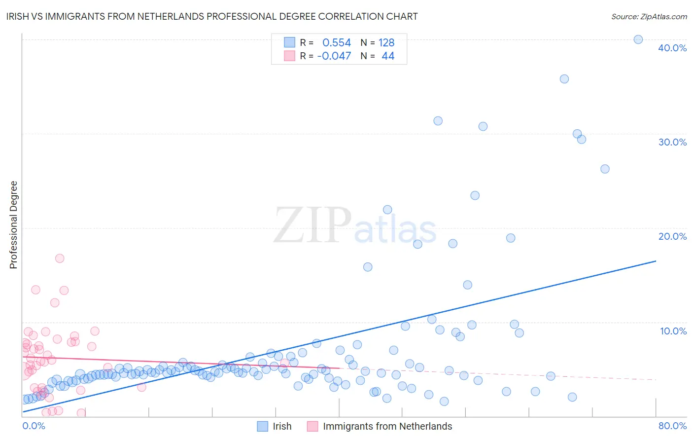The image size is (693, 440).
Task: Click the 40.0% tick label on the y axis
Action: tap(672, 48)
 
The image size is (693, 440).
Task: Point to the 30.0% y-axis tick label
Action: tap(672, 142)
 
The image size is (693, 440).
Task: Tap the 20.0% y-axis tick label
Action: tap(672, 236)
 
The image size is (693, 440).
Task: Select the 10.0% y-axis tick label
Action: tap(673, 331)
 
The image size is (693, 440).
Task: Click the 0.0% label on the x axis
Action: tap(34, 426)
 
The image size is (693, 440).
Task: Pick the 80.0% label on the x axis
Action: tap(672, 426)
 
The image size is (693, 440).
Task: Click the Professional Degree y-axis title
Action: tap(13, 225)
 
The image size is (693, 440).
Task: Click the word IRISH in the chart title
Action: tap(18, 16)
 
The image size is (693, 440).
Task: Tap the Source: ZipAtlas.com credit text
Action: tap(649, 16)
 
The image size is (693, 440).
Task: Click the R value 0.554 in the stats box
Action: tap(337, 42)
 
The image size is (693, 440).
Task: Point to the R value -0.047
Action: tap(334, 56)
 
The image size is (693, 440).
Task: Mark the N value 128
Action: tap(386, 42)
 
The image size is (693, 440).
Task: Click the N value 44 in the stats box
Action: tap(388, 56)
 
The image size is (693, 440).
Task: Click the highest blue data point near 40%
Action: tap(638, 39)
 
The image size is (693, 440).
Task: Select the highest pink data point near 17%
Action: tap(60, 258)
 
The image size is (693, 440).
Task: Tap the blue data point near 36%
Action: tap(564, 79)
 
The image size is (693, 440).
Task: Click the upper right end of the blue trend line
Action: tap(656, 260)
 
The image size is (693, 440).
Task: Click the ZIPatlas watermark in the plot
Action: tap(355, 226)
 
